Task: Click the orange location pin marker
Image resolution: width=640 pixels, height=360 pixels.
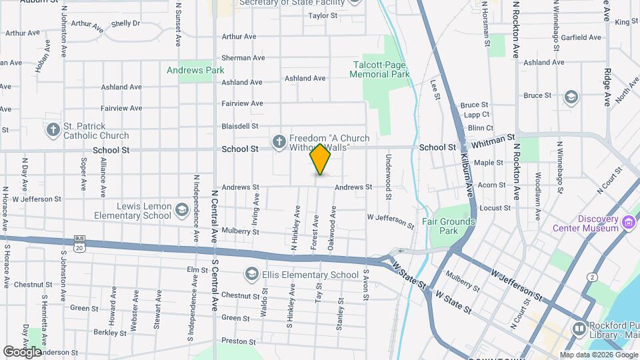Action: [321, 159]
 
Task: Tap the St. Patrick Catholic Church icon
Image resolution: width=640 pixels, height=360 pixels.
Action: [53, 129]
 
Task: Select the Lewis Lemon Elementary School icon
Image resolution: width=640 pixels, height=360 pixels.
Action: [181, 211]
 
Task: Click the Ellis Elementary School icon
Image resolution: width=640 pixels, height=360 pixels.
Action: [251, 274]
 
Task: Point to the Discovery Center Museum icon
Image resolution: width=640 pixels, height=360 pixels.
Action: [628, 223]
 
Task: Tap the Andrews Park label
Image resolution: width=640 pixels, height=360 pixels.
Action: [195, 70]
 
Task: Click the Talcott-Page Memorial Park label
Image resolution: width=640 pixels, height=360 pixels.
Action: [381, 69]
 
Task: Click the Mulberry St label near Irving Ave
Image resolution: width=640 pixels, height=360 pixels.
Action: [241, 231]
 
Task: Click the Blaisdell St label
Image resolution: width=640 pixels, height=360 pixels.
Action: [240, 126]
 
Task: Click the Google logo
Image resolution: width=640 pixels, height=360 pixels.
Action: [23, 351]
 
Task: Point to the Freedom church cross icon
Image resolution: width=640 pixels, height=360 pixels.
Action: [279, 141]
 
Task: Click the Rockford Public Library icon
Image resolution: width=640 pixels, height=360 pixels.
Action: [579, 329]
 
